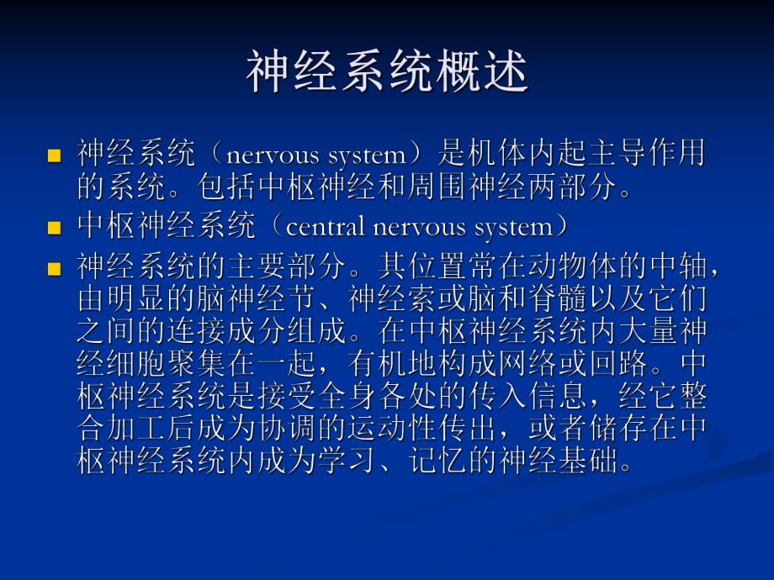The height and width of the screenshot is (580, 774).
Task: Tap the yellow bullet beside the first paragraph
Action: pyautogui.click(x=55, y=156)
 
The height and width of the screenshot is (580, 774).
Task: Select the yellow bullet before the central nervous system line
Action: pyautogui.click(x=55, y=228)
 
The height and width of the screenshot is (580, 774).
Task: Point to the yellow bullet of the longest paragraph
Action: pyautogui.click(x=55, y=269)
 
